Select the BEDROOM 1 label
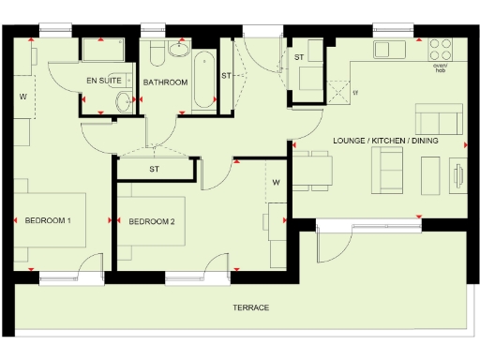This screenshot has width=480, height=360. click(x=48, y=220)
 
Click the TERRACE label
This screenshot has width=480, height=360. click(x=250, y=307)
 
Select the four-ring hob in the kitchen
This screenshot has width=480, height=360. click(x=440, y=48)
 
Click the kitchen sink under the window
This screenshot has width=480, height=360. click(x=385, y=48)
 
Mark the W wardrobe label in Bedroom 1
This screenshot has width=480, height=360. click(x=23, y=96)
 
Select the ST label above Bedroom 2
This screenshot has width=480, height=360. click(x=153, y=170)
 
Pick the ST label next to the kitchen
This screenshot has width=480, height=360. click(x=299, y=57)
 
